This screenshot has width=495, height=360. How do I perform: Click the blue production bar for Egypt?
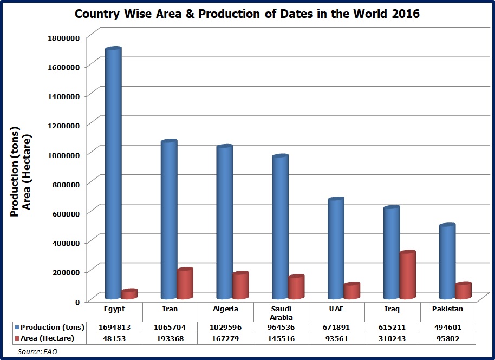113,173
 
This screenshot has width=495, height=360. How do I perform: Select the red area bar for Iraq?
407,275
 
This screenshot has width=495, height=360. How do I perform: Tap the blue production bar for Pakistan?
447,261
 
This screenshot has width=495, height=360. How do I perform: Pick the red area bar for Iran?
185,284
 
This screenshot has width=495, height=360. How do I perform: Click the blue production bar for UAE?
336,248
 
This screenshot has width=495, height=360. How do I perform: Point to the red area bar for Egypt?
130,294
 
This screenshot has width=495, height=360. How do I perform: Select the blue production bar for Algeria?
224,222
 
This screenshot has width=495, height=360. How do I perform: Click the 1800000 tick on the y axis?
64,37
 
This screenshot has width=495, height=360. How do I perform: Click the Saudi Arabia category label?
281,312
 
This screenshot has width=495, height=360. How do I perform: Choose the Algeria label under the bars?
225,309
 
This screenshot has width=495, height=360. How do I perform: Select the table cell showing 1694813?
115,327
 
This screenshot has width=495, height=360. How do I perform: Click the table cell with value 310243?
392,338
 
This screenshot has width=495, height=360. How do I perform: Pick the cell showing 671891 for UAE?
336,327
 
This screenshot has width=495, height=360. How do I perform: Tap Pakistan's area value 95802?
447,338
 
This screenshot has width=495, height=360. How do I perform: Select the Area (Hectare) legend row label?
47,338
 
